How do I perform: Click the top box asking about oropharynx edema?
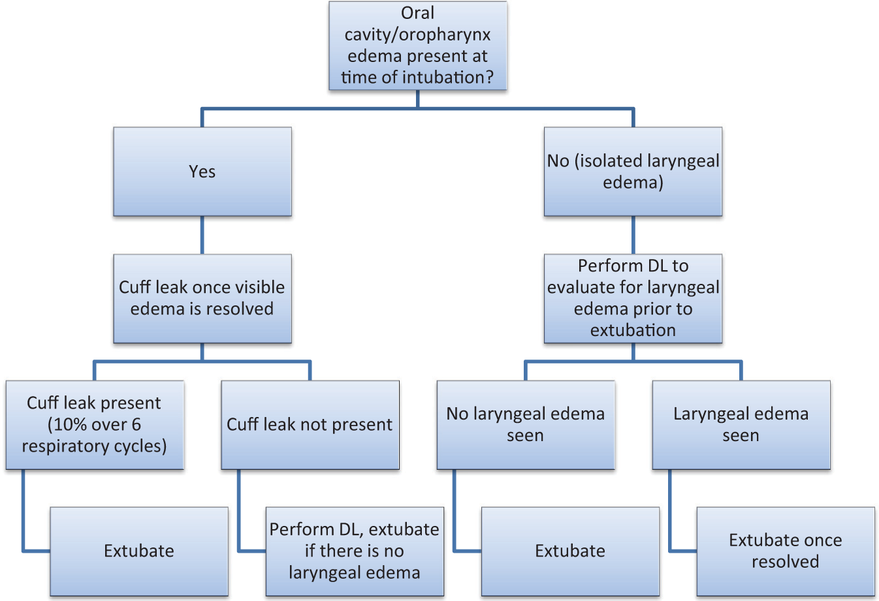[x=417, y=46]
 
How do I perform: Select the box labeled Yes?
[x=202, y=172]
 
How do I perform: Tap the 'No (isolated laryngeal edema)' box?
[x=633, y=172]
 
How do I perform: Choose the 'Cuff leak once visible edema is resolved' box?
[x=202, y=298]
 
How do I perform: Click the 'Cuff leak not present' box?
[x=310, y=425]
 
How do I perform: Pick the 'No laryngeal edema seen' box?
[x=526, y=425]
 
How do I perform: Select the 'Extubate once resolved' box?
[x=786, y=551]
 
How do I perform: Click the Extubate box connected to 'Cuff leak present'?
[x=139, y=551]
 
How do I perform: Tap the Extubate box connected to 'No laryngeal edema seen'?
[x=570, y=551]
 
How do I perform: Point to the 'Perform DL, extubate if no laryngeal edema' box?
[x=355, y=551]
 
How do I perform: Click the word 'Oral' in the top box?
[x=417, y=13]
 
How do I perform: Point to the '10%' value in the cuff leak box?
[x=69, y=425]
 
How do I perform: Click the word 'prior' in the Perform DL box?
[x=653, y=309]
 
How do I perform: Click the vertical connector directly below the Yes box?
[x=202, y=235]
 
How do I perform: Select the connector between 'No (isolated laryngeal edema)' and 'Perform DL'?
[x=633, y=235]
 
